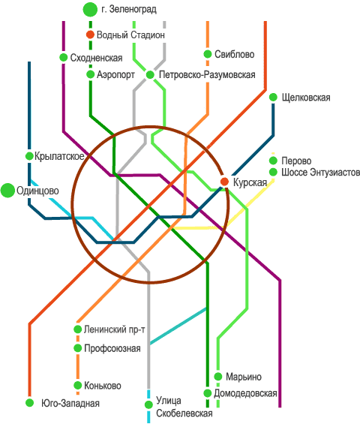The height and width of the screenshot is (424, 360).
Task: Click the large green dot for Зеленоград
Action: (x=90, y=10)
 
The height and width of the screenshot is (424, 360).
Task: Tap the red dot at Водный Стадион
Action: (x=90, y=35)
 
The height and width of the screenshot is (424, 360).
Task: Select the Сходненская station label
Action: (x=97, y=58)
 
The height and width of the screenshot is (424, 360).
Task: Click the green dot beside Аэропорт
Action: (x=90, y=74)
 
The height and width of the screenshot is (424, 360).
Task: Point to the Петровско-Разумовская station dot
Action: (x=150, y=74)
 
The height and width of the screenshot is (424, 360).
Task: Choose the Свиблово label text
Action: (x=234, y=54)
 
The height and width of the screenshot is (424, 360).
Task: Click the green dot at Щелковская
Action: (x=273, y=98)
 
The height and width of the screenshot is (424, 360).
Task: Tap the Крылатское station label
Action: (x=59, y=156)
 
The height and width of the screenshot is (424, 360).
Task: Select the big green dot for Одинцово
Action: (x=7, y=191)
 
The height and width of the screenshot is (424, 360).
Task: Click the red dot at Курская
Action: (x=224, y=182)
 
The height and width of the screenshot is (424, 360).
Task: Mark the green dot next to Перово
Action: (x=273, y=161)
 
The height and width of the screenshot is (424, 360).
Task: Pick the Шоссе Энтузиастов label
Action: (x=320, y=173)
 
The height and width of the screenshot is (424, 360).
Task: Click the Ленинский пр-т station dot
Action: (x=77, y=329)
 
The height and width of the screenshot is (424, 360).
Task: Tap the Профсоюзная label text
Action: (x=112, y=348)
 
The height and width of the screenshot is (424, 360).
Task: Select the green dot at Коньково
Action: (x=77, y=385)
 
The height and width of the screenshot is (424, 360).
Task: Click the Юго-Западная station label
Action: (x=70, y=403)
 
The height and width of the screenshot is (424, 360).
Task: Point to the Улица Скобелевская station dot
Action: (x=148, y=404)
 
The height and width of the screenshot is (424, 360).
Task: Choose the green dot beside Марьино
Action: (x=218, y=377)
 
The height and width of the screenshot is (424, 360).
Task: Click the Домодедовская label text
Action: (x=245, y=393)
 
